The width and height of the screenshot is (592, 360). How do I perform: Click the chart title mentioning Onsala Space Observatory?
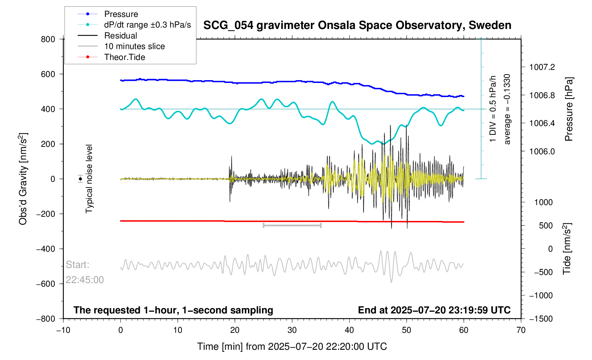[357, 25]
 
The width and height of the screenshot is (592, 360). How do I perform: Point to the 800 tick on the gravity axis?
[48, 40]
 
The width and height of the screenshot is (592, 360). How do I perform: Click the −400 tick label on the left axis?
[46, 249]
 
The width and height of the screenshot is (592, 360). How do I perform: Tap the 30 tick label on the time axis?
[292, 330]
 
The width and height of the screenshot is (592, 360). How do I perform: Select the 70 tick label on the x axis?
[521, 330]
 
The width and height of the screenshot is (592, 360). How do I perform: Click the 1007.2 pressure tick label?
[542, 67]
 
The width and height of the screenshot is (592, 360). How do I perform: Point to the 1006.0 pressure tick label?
[542, 151]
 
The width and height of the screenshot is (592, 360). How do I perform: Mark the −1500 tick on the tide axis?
[541, 319]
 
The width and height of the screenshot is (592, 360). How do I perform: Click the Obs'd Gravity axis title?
[23, 179]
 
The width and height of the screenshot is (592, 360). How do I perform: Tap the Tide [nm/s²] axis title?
[567, 249]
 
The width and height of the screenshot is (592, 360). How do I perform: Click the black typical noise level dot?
[80, 179]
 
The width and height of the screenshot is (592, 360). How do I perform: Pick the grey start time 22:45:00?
[84, 280]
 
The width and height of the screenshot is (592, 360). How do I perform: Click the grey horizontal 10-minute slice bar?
[292, 225]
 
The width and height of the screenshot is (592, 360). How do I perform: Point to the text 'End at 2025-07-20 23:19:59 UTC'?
[434, 310]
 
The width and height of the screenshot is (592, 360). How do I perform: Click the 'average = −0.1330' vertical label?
[507, 109]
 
